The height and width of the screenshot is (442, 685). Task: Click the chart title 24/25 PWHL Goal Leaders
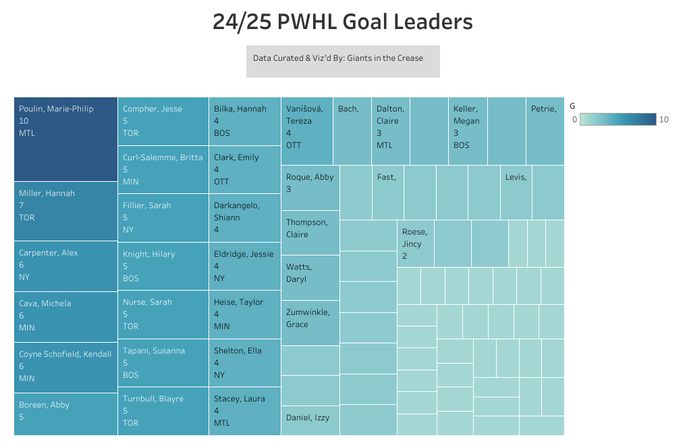(x=342, y=22)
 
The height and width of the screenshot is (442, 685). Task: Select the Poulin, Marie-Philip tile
(x=65, y=139)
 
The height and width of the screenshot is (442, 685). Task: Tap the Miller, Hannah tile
(x=65, y=211)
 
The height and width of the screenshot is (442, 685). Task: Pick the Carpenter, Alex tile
(x=65, y=266)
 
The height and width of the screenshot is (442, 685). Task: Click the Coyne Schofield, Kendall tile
(x=65, y=367)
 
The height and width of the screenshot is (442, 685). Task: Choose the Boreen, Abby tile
(x=65, y=414)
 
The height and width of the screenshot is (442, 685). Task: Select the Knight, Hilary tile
(x=163, y=266)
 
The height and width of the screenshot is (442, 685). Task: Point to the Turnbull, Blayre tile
(x=163, y=410)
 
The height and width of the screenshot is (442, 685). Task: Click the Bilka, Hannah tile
(x=244, y=121)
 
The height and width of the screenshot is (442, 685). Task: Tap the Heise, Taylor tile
(x=244, y=314)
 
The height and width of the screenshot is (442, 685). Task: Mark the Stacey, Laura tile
(x=244, y=410)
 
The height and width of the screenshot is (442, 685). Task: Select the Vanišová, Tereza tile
(x=306, y=131)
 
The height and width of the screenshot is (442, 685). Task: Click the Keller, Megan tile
(x=467, y=131)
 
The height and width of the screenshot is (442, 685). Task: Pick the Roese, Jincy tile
(x=415, y=243)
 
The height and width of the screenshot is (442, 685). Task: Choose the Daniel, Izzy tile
(x=310, y=420)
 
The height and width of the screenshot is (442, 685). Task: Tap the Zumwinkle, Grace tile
(x=310, y=322)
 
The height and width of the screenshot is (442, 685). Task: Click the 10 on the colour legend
(x=664, y=120)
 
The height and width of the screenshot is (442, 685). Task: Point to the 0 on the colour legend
(x=574, y=120)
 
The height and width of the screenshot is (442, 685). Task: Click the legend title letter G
(x=573, y=105)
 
